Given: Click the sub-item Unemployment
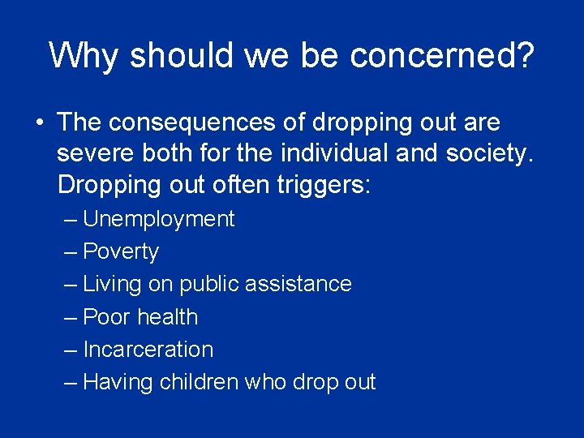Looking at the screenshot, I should click(158, 220).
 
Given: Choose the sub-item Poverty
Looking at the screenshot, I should click(121, 252).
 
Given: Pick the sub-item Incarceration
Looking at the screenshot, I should click(148, 350).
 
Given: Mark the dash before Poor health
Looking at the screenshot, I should click(71, 317).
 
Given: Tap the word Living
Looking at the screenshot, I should click(112, 285).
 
